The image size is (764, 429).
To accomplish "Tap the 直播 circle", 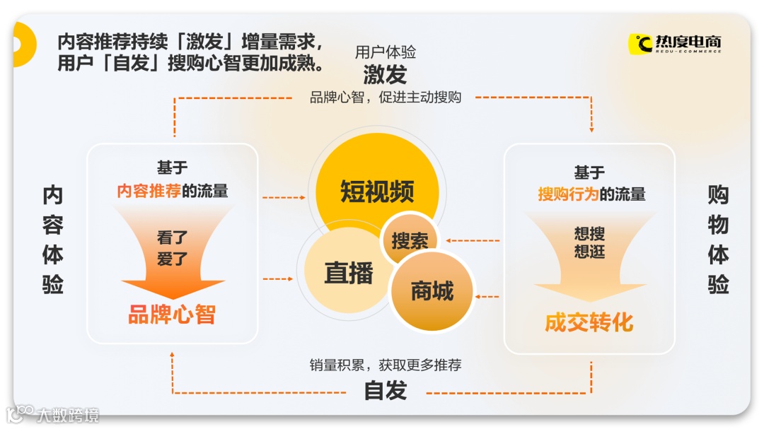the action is coord(347,273).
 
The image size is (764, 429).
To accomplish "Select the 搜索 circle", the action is coord(410,240).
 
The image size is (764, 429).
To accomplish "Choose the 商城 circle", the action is coord(432,290).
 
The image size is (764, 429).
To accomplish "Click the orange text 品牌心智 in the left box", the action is coord(172,315).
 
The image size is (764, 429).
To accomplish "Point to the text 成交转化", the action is coord(589,322).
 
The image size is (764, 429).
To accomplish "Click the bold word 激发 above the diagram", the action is coord(385,74).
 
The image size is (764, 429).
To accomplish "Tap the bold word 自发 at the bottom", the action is coord(385,390).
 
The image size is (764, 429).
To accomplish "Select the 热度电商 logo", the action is coord(676,44).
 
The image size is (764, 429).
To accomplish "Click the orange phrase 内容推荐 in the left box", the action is coord(149,191).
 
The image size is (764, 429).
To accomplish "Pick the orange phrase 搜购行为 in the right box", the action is coord(568,194).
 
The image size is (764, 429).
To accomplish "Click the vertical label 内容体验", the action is coord(53,240).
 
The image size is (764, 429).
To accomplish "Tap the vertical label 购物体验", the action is coord(718,240).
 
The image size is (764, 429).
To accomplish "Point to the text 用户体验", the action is coord(385,52).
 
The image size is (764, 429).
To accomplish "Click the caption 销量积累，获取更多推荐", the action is coord(385,365).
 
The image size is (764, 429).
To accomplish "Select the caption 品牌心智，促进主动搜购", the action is coord(385,98).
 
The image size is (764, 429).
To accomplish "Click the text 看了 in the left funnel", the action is coord(173,237).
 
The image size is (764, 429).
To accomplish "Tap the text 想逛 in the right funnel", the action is coord(589,252).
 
